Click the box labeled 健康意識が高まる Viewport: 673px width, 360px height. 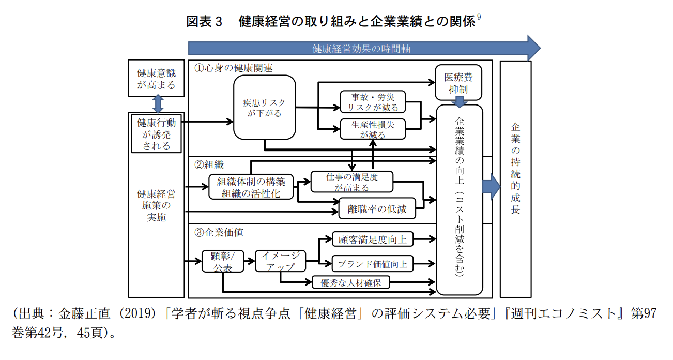(x=156, y=78)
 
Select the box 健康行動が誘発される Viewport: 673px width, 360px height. (x=156, y=134)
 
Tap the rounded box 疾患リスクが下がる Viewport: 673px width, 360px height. (x=264, y=108)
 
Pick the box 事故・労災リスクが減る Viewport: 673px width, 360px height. (x=372, y=102)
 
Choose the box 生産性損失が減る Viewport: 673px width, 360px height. (x=372, y=129)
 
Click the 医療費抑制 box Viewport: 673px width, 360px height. (x=458, y=83)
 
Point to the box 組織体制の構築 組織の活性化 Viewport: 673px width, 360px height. (x=251, y=187)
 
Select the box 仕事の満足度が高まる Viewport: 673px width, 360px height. (x=351, y=182)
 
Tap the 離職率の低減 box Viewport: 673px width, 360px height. (x=377, y=209)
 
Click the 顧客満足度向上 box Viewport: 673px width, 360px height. (x=372, y=239)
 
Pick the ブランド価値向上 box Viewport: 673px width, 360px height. (x=372, y=264)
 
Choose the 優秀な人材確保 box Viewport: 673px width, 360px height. (x=351, y=282)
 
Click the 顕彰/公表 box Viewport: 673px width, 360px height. (x=223, y=262)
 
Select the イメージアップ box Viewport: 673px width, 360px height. (x=280, y=261)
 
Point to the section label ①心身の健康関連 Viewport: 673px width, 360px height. (x=233, y=68)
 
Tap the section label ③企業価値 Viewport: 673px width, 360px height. (x=219, y=232)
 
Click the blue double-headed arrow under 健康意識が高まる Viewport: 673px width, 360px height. (x=158, y=104)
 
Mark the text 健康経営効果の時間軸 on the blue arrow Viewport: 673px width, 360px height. (x=361, y=49)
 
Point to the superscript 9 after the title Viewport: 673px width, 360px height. (x=479, y=18)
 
